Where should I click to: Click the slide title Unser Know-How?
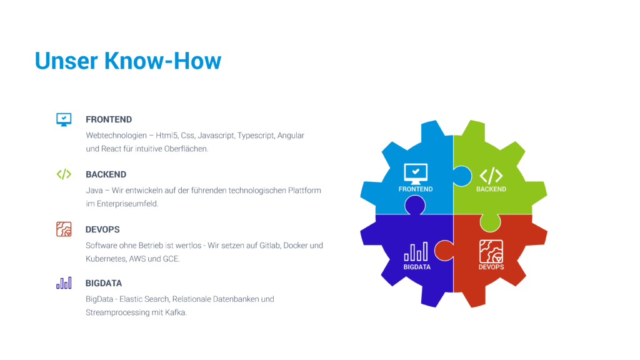pyautogui.click(x=128, y=61)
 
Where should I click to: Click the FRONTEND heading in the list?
pyautogui.click(x=109, y=119)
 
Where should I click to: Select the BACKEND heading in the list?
pyautogui.click(x=106, y=175)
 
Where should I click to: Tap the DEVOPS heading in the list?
pyautogui.click(x=102, y=230)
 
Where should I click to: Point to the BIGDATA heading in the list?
pyautogui.click(x=104, y=283)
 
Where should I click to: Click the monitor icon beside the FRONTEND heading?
pyautogui.click(x=64, y=119)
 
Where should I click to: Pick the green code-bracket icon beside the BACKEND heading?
pyautogui.click(x=64, y=174)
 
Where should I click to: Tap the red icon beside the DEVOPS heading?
pyautogui.click(x=64, y=229)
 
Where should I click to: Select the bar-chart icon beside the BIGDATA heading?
pyautogui.click(x=64, y=283)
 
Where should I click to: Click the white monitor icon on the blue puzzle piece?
pyautogui.click(x=416, y=174)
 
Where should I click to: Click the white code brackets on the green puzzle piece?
pyautogui.click(x=491, y=176)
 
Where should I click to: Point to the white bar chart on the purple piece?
pyautogui.click(x=416, y=251)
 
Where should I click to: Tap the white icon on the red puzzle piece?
pyautogui.click(x=491, y=251)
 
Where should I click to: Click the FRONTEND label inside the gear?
pyautogui.click(x=416, y=189)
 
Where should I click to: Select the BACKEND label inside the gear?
pyautogui.click(x=491, y=189)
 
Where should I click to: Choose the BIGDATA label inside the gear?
pyautogui.click(x=417, y=267)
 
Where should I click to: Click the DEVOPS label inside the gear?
pyautogui.click(x=491, y=267)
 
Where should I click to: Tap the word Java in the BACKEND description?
pyautogui.click(x=94, y=191)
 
